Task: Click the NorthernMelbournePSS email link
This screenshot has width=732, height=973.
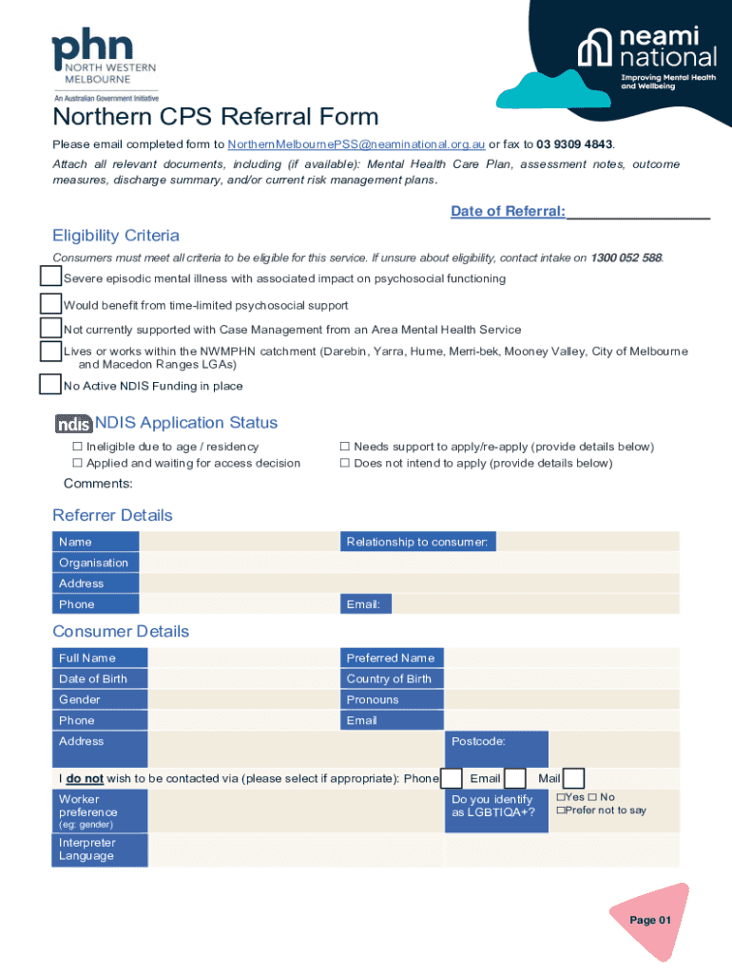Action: pyautogui.click(x=356, y=144)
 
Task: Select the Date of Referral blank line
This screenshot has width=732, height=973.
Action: pyautogui.click(x=639, y=212)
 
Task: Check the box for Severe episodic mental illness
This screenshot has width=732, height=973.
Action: pyautogui.click(x=50, y=277)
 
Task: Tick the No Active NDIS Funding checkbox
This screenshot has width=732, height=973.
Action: pyautogui.click(x=50, y=385)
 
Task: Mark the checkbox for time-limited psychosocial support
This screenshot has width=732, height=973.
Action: pyautogui.click(x=50, y=304)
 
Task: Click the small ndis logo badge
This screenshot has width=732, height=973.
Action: pyautogui.click(x=73, y=424)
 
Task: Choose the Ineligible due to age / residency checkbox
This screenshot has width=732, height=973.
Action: pyautogui.click(x=78, y=447)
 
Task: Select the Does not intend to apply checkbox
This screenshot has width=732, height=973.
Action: pyautogui.click(x=345, y=464)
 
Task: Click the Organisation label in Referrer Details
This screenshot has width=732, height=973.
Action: pyautogui.click(x=95, y=563)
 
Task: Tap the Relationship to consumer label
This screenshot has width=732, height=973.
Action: pyautogui.click(x=417, y=542)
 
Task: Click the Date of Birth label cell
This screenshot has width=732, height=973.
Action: pyautogui.click(x=100, y=678)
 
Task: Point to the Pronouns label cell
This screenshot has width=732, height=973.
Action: pyautogui.click(x=392, y=699)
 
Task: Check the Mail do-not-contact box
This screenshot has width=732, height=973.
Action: pyautogui.click(x=573, y=778)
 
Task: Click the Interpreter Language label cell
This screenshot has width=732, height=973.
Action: pyautogui.click(x=100, y=849)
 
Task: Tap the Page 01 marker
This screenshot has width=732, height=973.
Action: pyautogui.click(x=650, y=920)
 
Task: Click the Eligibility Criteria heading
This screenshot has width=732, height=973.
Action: pyautogui.click(x=116, y=236)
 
